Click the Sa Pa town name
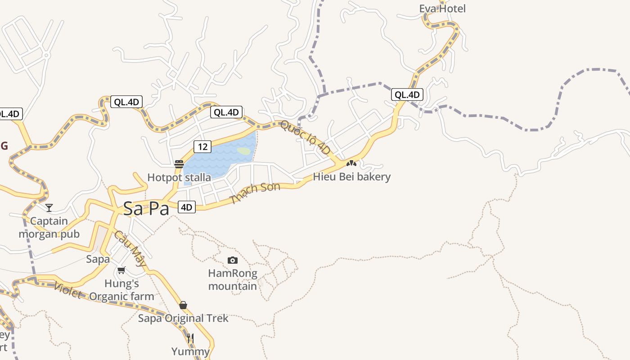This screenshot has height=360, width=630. [146, 208]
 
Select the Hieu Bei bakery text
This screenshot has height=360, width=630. [351, 177]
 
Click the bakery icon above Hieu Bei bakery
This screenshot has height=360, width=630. [351, 163]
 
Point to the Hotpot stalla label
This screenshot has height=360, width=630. [179, 177]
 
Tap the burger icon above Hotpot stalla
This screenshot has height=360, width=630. [179, 164]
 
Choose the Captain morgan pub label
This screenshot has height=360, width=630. [49, 228]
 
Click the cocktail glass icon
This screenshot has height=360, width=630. [49, 207]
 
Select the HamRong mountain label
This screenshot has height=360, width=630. [233, 279]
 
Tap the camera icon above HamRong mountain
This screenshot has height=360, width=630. [233, 260]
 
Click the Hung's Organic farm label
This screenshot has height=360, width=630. [121, 290]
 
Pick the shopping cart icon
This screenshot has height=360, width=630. [121, 270]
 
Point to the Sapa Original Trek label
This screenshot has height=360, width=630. [183, 318]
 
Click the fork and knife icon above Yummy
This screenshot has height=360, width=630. [190, 338]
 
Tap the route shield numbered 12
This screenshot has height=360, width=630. [202, 146]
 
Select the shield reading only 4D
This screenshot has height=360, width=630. [187, 207]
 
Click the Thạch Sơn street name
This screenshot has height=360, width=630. [255, 193]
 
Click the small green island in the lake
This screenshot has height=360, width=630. [243, 151]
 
